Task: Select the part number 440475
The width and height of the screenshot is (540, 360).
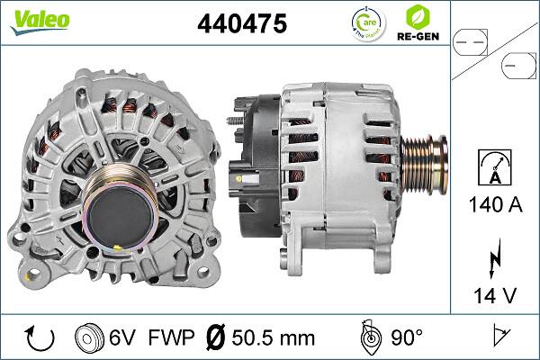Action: [x=241, y=24]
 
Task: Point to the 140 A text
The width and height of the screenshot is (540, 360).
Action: [x=494, y=205]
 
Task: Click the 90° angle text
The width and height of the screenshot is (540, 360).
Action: [x=406, y=338]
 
